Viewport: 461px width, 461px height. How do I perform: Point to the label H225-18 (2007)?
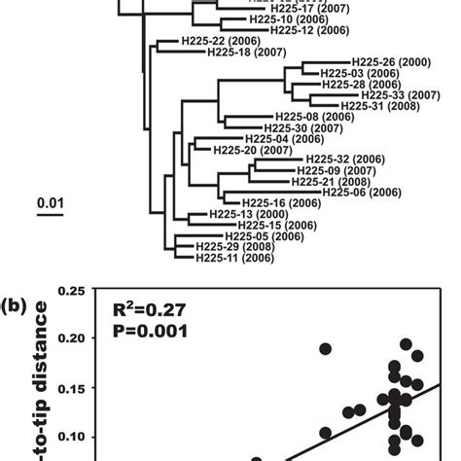(x=246, y=53)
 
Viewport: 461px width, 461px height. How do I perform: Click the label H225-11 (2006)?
(x=234, y=258)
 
